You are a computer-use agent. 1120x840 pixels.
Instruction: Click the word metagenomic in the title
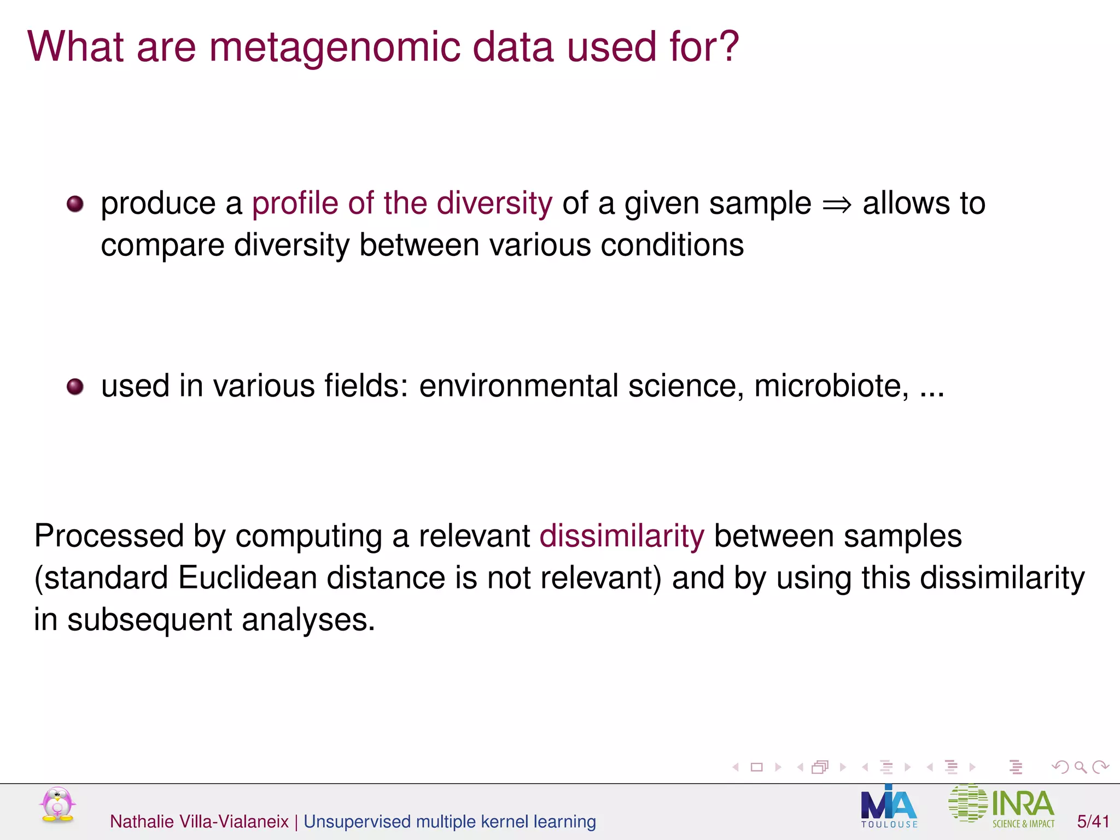coord(335,48)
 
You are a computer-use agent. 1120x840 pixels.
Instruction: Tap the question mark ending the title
coord(727,46)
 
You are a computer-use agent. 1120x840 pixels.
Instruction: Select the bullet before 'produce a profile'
coord(75,205)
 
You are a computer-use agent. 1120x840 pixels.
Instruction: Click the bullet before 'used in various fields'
coord(75,387)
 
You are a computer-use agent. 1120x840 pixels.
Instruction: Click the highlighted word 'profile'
coord(295,203)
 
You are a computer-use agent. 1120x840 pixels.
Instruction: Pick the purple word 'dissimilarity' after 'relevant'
coord(622,536)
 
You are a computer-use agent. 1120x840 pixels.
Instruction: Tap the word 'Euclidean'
coord(247,578)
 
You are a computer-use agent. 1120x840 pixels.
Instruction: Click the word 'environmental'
coord(518,386)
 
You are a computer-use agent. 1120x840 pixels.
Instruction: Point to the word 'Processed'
coord(108,536)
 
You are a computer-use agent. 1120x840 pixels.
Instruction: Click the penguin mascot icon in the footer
coord(57,805)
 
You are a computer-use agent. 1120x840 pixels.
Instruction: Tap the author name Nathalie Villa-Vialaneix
coord(199,821)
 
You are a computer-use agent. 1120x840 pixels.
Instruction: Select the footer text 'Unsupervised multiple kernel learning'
coord(450,821)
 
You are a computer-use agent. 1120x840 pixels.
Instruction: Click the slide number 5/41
coord(1093,821)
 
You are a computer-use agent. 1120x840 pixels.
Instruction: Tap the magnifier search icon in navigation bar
coord(1080,767)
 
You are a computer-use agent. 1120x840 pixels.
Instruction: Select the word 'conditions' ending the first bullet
coord(672,245)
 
